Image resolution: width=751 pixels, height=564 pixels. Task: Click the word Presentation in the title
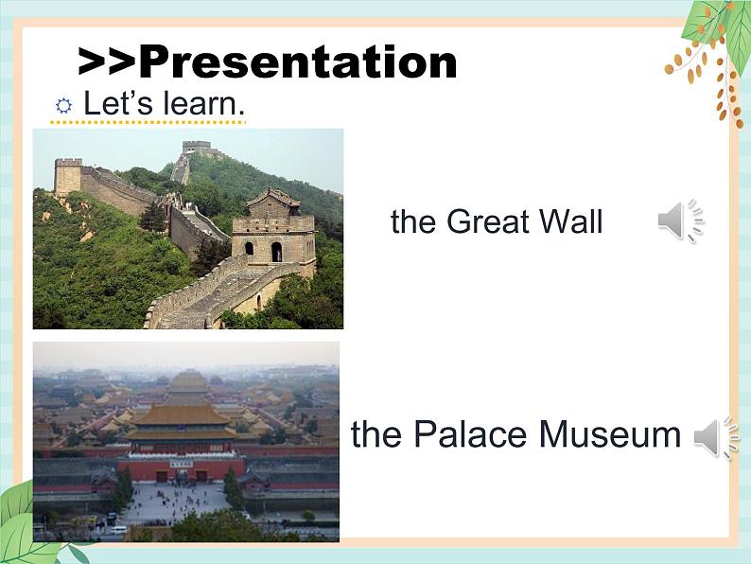(x=298, y=62)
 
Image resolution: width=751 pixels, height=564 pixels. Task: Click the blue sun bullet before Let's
(x=63, y=105)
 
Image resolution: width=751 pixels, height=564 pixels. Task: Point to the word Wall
(x=570, y=221)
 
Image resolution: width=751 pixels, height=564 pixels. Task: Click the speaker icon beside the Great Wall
(x=681, y=220)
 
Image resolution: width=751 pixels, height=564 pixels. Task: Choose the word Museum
(x=610, y=433)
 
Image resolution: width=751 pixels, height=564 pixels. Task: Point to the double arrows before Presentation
(x=108, y=62)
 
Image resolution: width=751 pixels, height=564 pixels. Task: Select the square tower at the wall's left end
(x=68, y=176)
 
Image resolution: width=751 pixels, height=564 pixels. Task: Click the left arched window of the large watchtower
(x=249, y=248)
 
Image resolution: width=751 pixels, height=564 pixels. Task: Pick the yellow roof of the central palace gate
(x=181, y=416)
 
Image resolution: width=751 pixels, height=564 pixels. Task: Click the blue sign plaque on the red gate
(x=181, y=464)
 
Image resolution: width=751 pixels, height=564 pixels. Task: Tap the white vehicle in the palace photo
(x=118, y=530)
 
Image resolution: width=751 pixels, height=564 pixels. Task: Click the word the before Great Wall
(x=413, y=221)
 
